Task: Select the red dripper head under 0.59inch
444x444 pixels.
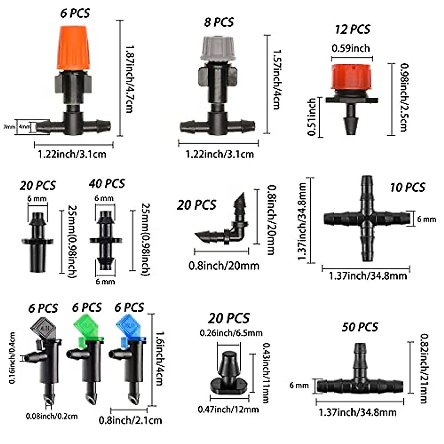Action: coord(352,77)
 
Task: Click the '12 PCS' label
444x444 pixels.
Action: coord(352,29)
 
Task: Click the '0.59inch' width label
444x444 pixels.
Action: coord(350,48)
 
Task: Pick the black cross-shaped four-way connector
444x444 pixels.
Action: coord(367,219)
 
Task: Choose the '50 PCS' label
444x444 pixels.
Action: coord(360,327)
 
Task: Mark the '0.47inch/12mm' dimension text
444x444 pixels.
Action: coord(228,409)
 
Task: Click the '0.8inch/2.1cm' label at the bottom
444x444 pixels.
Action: coord(130,420)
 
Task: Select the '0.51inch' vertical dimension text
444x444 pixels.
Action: coord(312,117)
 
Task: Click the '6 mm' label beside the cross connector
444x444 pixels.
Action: coord(427,219)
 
